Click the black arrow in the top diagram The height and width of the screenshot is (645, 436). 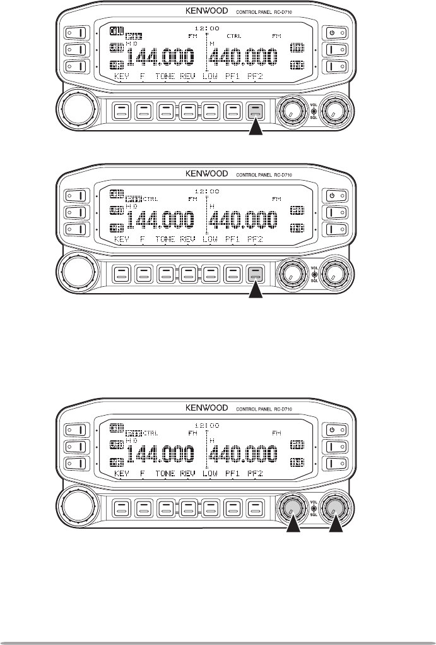click(256, 130)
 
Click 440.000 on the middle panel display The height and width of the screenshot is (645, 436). click(244, 221)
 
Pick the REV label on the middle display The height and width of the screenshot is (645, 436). click(187, 239)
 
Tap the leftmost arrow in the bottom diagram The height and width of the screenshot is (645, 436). click(292, 524)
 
